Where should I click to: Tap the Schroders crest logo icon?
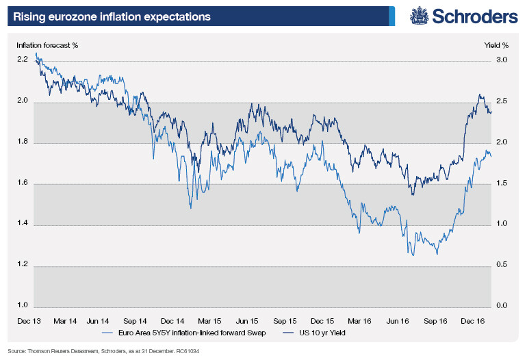pyautogui.click(x=419, y=16)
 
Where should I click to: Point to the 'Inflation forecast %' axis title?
pyautogui.click(x=47, y=45)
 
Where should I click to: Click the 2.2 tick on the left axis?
pyautogui.click(x=23, y=60)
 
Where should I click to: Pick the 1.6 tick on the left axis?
pyautogui.click(x=23, y=183)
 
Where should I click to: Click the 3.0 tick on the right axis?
pyautogui.click(x=502, y=60)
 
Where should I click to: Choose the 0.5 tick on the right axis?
pyautogui.click(x=502, y=265)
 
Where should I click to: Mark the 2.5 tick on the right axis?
pyautogui.click(x=502, y=101)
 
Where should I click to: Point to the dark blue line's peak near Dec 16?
pyautogui.click(x=480, y=94)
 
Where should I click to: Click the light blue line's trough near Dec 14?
pyautogui.click(x=190, y=207)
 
